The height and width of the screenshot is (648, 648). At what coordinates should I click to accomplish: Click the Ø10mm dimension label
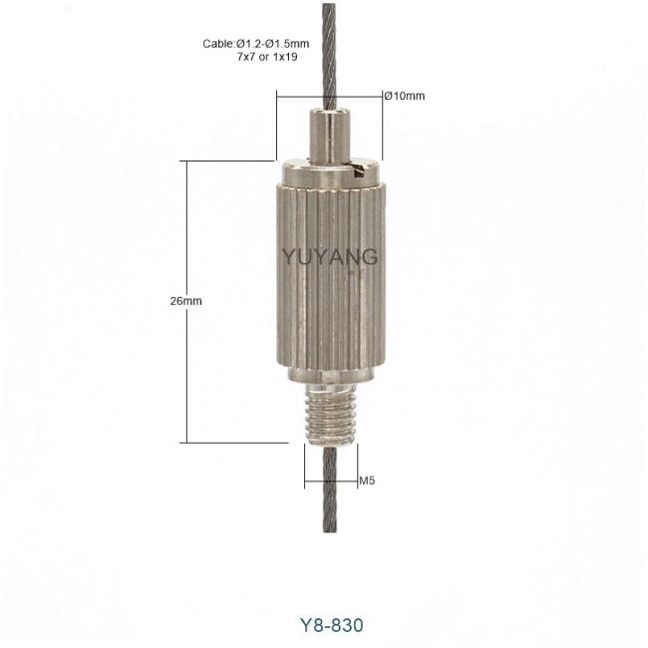pos(404,96)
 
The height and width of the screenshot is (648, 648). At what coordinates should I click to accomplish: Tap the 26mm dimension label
pos(186,301)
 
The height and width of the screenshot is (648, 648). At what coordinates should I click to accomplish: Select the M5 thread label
pos(367,481)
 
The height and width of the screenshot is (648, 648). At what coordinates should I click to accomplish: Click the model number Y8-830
pos(331,625)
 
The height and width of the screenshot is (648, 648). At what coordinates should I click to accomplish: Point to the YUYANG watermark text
pos(330,256)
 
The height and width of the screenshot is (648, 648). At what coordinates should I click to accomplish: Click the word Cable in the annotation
pos(218,44)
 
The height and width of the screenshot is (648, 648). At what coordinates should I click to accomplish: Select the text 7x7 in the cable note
pos(246,57)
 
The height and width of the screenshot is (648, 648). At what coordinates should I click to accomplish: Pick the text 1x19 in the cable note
pos(285,57)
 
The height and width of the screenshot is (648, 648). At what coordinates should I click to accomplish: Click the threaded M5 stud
pos(330,414)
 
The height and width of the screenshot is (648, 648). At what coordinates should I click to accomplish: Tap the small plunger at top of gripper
pos(330,136)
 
